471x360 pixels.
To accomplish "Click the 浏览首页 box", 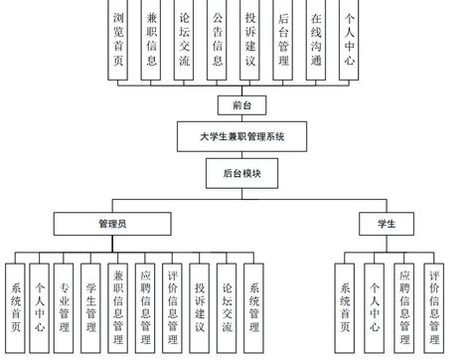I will pos(119,40).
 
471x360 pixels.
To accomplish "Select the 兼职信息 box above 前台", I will pos(151,40).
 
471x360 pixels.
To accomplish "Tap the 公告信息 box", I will pos(218,40).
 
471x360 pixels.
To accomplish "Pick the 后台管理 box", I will pos(283,40).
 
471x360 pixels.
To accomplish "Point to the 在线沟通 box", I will pos(316,40).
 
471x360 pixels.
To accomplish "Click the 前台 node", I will pos(235,104).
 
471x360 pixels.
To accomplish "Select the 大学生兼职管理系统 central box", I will pos(235,136).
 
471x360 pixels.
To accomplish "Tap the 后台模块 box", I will pos(235,172).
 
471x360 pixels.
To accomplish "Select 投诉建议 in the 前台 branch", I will pos(250,40).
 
